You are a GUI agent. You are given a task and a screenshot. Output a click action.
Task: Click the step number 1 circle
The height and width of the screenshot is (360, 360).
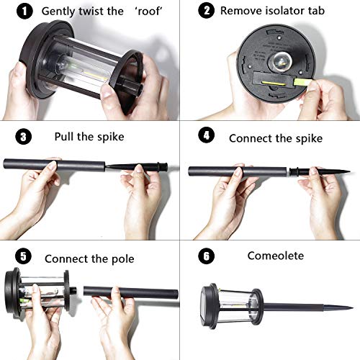pos(24,12)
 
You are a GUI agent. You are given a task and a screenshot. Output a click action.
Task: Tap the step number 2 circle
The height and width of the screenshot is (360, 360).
pos(206,10)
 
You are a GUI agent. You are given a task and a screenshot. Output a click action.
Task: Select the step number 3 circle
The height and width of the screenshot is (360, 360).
pos(23,137)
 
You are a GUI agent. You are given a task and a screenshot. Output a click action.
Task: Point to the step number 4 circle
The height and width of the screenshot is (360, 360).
pos(206,135)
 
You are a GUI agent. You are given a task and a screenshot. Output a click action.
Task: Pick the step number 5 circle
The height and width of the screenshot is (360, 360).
pos(23,256)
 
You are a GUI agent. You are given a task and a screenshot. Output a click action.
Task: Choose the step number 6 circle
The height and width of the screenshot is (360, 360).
pos(206,256)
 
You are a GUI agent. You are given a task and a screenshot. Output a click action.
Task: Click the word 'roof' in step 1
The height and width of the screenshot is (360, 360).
pos(149,11)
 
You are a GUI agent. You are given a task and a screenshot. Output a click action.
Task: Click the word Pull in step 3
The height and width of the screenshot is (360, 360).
pos(64,136)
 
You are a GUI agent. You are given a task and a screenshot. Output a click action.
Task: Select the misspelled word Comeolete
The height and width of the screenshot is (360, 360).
pos(276,256)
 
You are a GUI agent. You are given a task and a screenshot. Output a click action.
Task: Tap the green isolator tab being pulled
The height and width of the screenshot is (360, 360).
pos(303,81)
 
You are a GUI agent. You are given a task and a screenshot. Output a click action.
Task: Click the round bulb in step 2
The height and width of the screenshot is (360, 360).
pos(280,61)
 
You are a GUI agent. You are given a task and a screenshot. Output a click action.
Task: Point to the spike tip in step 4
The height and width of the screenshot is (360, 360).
pos(349,171)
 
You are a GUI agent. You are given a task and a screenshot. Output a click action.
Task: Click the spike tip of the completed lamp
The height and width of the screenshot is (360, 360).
pos(352,307)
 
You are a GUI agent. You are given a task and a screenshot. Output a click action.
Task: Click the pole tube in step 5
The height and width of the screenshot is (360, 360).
pos(131,293)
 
